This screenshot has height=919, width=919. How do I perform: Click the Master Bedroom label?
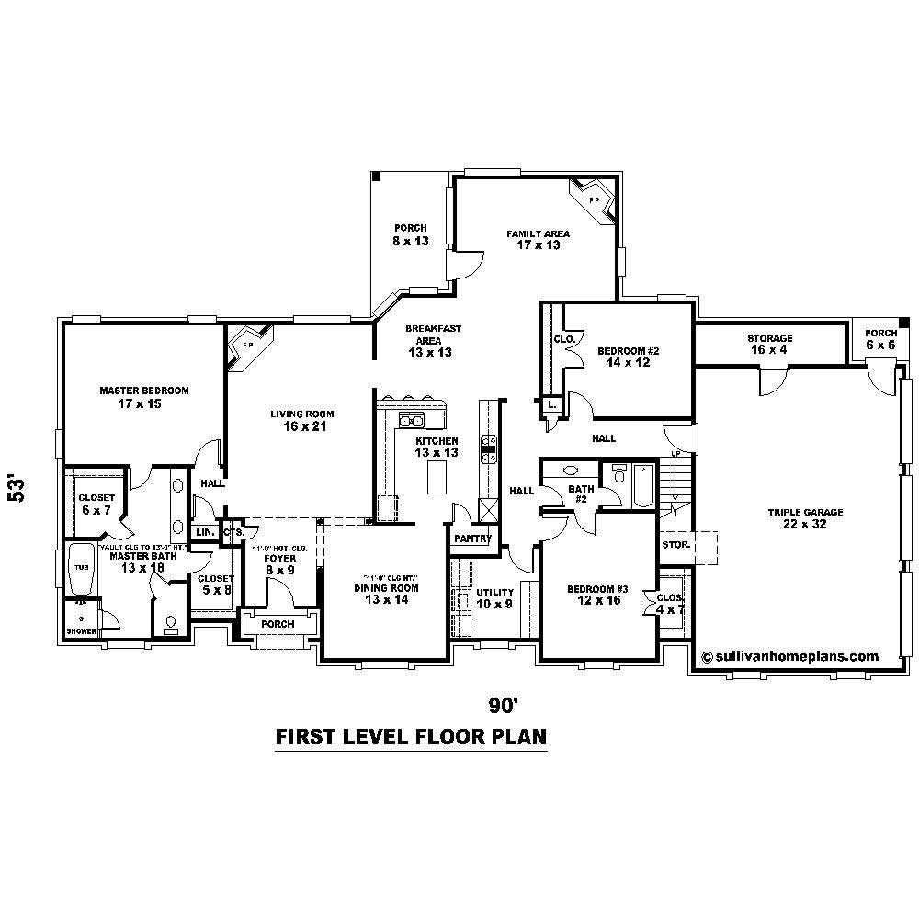click(144, 397)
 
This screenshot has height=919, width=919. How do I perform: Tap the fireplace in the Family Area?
click(590, 201)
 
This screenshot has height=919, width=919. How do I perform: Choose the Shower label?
click(80, 631)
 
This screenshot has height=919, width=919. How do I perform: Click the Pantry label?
click(473, 539)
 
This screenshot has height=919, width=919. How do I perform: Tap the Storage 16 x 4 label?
click(769, 344)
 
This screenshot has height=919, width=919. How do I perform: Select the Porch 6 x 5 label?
click(879, 339)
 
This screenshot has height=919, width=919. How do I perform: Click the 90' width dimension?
click(505, 705)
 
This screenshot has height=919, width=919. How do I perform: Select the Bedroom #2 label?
click(629, 357)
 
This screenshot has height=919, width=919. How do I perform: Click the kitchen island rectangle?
click(437, 476)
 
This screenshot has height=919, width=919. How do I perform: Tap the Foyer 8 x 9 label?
click(279, 563)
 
